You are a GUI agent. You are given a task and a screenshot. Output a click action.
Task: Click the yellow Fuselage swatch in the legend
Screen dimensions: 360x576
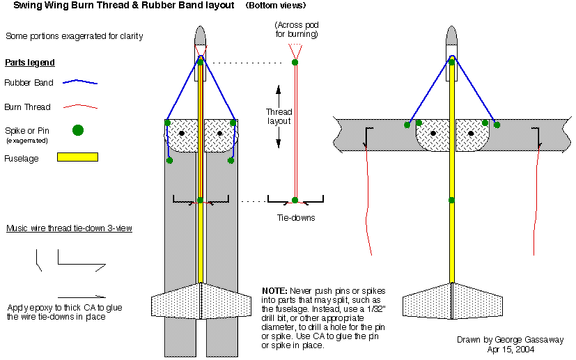(x=78, y=157)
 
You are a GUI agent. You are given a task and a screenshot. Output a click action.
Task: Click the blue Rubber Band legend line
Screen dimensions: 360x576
(x=80, y=82)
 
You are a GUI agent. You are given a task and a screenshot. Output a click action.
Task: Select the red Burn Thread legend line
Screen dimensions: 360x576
(x=80, y=107)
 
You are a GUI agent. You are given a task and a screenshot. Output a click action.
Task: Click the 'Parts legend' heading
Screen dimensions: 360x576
(x=30, y=63)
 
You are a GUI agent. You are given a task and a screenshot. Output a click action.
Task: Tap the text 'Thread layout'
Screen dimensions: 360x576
(x=279, y=116)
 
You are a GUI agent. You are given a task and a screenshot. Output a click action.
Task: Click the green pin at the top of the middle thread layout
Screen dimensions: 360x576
(x=295, y=63)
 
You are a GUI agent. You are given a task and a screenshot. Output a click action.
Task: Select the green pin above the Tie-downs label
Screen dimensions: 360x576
(x=295, y=201)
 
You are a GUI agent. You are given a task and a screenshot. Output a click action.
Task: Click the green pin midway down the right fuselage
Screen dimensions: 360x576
(x=452, y=201)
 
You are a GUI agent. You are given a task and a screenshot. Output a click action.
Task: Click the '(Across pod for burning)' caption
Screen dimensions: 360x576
(x=297, y=29)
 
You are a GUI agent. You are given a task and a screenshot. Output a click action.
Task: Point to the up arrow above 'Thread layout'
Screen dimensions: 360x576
(x=279, y=91)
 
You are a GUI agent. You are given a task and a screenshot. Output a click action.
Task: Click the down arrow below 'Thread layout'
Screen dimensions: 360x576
(x=279, y=142)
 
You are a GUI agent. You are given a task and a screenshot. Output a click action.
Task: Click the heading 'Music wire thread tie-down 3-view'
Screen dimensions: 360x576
(x=69, y=228)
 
